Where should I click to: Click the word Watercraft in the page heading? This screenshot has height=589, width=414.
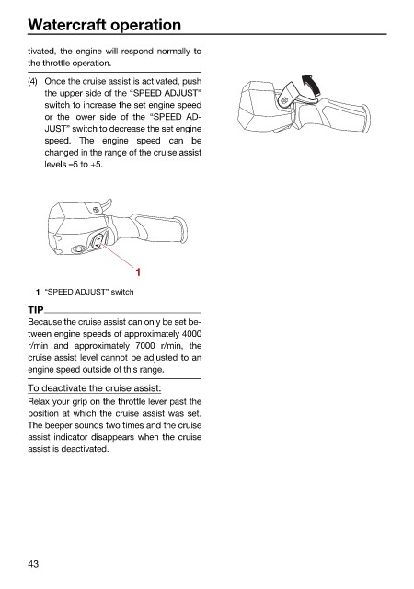click(x=66, y=25)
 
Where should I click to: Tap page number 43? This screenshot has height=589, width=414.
click(x=33, y=564)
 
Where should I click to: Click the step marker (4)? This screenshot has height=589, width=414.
click(x=32, y=82)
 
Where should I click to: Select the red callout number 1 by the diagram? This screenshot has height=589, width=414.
click(x=138, y=272)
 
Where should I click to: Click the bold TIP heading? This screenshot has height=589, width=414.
click(x=36, y=310)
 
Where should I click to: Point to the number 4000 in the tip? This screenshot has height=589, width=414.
click(x=191, y=334)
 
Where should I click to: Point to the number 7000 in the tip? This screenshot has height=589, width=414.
click(x=145, y=346)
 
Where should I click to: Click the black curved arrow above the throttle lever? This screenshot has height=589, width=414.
click(x=312, y=86)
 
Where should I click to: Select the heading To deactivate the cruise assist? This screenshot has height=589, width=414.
click(x=94, y=388)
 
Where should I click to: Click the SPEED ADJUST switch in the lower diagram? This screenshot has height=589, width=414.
click(x=98, y=240)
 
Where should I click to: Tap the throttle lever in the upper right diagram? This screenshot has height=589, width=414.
click(x=297, y=95)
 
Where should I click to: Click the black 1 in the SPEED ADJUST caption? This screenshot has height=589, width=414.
click(x=38, y=292)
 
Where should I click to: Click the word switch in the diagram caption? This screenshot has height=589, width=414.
click(x=122, y=292)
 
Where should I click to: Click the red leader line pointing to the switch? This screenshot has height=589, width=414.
click(x=117, y=256)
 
